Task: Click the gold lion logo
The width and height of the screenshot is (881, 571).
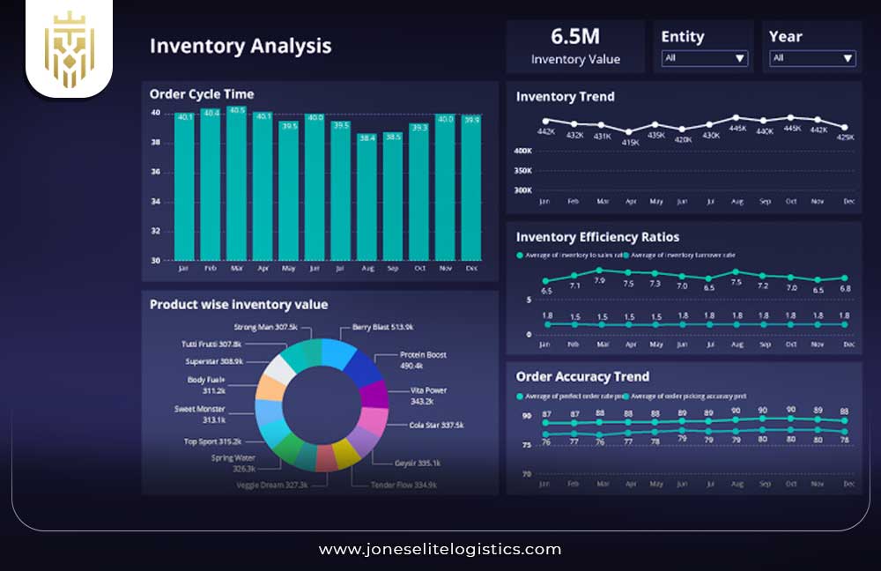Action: [69, 49]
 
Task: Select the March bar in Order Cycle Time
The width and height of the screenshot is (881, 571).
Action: [236, 185]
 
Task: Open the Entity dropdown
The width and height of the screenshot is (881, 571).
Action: [704, 58]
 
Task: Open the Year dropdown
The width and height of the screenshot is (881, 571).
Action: [811, 58]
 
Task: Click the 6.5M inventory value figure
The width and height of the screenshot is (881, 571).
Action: [575, 36]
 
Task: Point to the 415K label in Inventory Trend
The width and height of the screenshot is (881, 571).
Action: [630, 142]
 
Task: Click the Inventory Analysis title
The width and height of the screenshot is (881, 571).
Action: [240, 46]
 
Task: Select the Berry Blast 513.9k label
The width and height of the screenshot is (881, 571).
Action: [382, 326]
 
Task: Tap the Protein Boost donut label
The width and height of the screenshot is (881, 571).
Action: [423, 360]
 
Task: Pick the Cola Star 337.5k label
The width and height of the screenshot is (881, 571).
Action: [436, 425]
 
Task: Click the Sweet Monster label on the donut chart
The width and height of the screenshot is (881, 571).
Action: [199, 414]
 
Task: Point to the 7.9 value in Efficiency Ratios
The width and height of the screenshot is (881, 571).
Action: [600, 281]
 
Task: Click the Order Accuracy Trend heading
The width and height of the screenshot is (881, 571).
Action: [582, 376]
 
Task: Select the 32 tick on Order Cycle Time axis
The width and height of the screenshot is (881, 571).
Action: [155, 231]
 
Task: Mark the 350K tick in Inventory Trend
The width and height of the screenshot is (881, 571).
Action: [523, 170]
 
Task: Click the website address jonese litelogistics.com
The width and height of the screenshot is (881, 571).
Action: [440, 549]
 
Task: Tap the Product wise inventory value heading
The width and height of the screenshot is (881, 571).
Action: [239, 304]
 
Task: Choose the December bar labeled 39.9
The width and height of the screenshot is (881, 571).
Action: [471, 187]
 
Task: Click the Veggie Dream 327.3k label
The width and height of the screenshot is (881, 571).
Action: [272, 485]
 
